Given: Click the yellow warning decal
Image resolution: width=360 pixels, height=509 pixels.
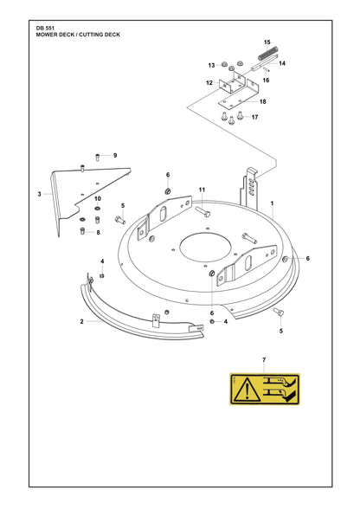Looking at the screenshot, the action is pos(265,390).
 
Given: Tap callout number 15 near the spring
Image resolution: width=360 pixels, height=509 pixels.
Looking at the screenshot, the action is pos(267,42).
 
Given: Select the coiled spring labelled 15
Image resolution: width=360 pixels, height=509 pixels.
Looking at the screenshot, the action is pos(268,54).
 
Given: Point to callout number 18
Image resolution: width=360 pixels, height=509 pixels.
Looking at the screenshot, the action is pos(262,101).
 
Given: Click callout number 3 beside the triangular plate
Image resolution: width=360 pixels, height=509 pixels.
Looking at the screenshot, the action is pos(39,194).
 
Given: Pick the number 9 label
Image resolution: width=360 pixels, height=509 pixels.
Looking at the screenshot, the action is pos(115,155).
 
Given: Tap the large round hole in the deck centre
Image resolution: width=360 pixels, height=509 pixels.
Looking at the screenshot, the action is pos(205,249).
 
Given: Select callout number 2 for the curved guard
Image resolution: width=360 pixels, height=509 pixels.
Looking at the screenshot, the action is pos(82,321).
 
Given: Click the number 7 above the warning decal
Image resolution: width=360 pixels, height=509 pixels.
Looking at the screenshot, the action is pos(264,360).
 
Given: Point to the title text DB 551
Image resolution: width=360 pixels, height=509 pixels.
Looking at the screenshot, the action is pos(43,29).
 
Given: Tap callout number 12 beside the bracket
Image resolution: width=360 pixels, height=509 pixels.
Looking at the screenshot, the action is pos(209,83).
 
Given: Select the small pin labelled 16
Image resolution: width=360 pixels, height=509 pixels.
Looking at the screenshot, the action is pos(265,70).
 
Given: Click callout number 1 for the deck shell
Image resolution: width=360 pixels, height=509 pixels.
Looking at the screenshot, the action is pos(272,203).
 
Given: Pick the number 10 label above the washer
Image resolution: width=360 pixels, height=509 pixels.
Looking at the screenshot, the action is pos(98,199).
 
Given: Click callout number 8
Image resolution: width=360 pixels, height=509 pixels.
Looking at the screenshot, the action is pos(98,232).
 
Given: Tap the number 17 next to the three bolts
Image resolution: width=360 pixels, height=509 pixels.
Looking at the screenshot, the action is pos(254,117).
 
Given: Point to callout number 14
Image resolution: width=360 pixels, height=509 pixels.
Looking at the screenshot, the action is pos(282,63).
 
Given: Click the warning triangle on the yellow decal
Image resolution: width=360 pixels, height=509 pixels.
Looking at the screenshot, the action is pos(247,390).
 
